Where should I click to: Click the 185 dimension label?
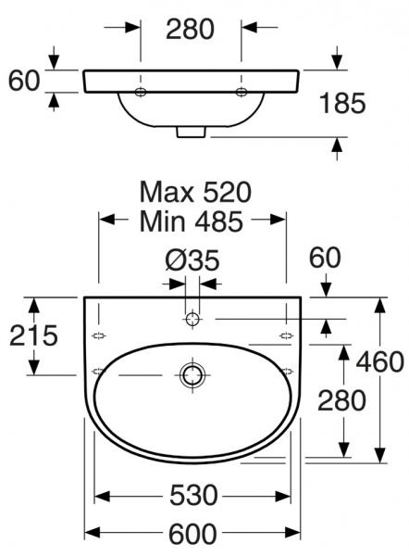coord(342,103)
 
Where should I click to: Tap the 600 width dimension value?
coord(192,534)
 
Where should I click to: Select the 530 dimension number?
coord(193,495)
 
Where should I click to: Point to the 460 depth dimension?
coord(380,361)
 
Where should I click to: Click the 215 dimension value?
coord(33,335)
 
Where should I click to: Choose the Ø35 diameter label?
coord(192,260)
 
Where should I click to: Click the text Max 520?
coord(195,192)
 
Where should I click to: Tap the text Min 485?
coord(192,221)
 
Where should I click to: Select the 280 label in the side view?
coord(191,29)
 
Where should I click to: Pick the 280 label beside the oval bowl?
coord(341,400)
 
